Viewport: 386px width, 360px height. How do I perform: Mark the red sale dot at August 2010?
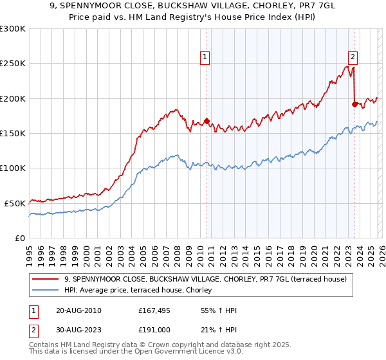207,121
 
